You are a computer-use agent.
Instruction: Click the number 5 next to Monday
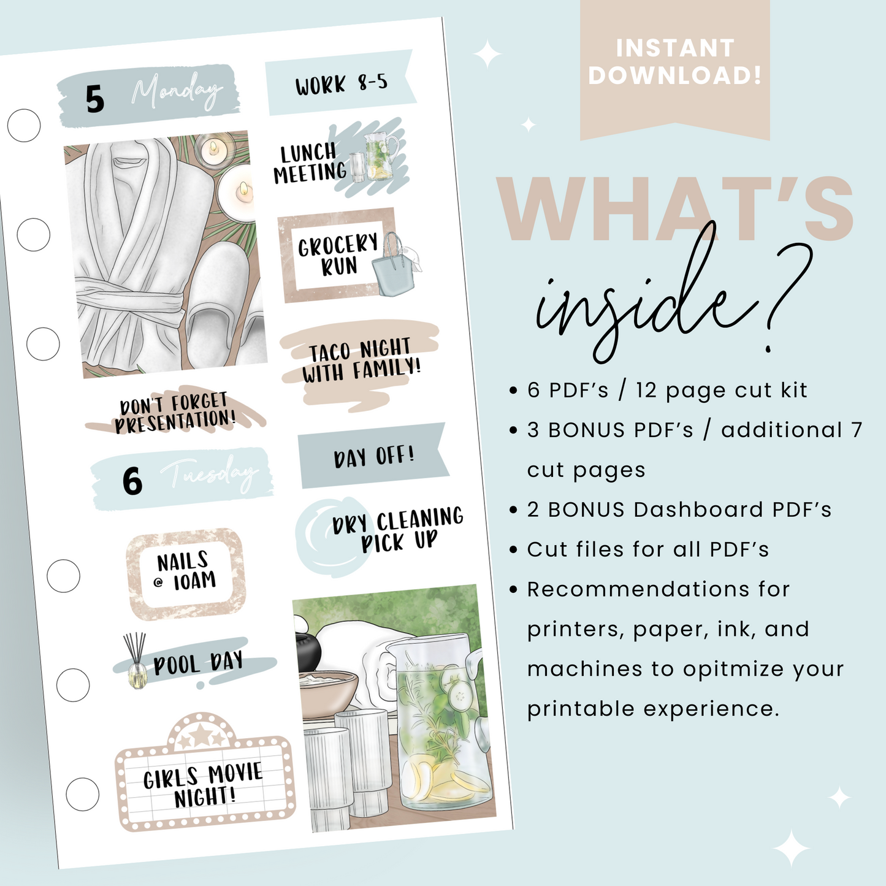pyautogui.click(x=95, y=99)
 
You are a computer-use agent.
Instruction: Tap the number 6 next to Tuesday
pyautogui.click(x=132, y=481)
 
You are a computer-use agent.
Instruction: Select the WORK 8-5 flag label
pyautogui.click(x=341, y=83)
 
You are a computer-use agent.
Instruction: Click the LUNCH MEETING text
pyautogui.click(x=310, y=163)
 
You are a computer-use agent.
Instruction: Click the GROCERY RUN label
pyautogui.click(x=338, y=255)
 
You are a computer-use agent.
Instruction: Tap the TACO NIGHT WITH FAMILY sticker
pyautogui.click(x=361, y=361)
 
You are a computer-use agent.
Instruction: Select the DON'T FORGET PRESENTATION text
pyautogui.click(x=175, y=413)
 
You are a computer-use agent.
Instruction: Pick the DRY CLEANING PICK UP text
pyautogui.click(x=397, y=529)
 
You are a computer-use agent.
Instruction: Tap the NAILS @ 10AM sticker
pyautogui.click(x=186, y=571)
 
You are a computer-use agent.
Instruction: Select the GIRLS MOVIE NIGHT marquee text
pyautogui.click(x=204, y=785)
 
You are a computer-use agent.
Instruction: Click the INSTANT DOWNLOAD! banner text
pyautogui.click(x=674, y=62)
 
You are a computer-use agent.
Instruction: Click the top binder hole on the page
pyautogui.click(x=24, y=126)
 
